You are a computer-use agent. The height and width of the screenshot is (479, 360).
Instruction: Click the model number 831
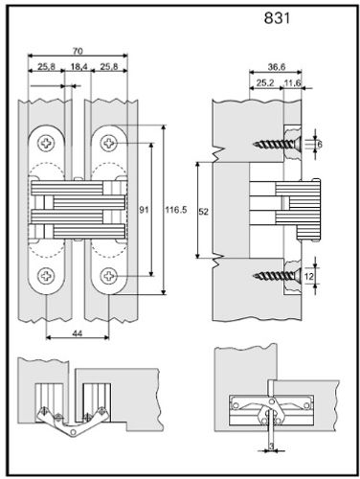277,18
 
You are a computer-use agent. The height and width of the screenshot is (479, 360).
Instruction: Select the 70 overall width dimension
78,51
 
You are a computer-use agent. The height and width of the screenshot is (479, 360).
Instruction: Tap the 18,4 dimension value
79,67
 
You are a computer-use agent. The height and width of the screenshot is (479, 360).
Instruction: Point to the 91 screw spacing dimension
145,210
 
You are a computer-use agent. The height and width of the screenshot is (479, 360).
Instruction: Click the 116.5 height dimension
176,210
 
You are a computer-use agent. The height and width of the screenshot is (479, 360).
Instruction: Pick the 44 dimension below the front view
78,333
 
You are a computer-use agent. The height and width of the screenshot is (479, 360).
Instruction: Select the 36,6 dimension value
277,67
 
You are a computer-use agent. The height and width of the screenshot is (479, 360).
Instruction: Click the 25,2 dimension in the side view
265,83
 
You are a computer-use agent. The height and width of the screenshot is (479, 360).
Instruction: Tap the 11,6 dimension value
293,83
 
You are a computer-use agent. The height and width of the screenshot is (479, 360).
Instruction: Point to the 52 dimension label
203,212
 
